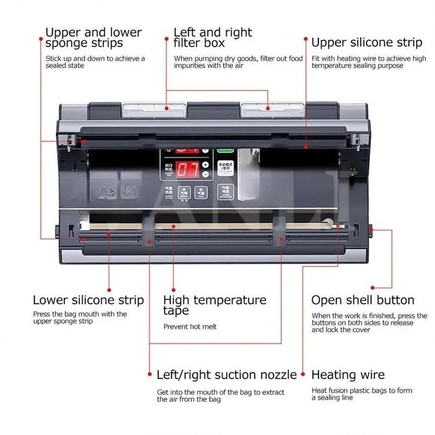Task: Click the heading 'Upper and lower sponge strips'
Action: (x=93, y=37)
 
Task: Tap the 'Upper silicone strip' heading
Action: (x=367, y=42)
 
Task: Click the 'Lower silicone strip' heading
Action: (x=88, y=300)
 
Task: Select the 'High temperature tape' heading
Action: (x=215, y=305)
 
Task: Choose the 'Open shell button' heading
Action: (x=363, y=300)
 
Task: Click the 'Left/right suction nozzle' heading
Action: (x=227, y=375)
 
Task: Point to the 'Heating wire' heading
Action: (x=348, y=375)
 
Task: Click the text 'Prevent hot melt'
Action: (x=190, y=327)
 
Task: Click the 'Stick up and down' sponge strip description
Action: (x=95, y=62)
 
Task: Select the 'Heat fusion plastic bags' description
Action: (x=361, y=394)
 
